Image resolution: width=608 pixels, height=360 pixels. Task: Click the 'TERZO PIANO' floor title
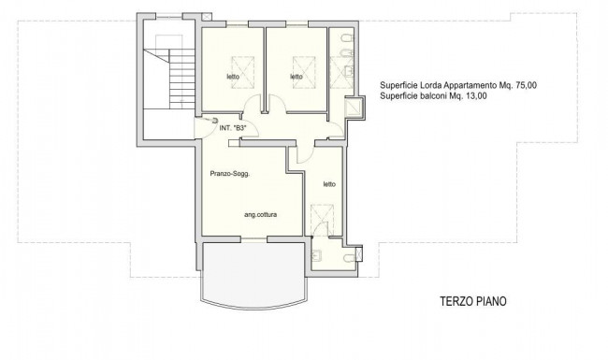pyautogui.click(x=473, y=301)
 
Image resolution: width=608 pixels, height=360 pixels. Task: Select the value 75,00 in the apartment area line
pyautogui.click(x=527, y=86)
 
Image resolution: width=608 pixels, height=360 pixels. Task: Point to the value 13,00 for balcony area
pyautogui.click(x=476, y=96)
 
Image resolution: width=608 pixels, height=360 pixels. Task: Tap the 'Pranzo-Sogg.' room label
pyautogui.click(x=229, y=174)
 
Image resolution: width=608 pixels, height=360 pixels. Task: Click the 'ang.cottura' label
pyautogui.click(x=261, y=215)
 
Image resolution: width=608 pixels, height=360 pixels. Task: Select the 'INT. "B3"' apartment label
pyautogui.click(x=233, y=128)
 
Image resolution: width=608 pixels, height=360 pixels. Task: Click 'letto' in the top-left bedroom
pyautogui.click(x=233, y=77)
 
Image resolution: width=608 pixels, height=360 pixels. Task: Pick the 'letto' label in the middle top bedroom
pyautogui.click(x=297, y=77)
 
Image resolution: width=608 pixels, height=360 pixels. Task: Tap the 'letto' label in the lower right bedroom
pyautogui.click(x=329, y=184)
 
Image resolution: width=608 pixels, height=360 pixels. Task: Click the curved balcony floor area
pyautogui.click(x=254, y=273)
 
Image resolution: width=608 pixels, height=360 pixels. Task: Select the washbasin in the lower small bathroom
pyautogui.click(x=316, y=255)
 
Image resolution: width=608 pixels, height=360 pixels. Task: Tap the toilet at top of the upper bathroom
pyautogui.click(x=347, y=38)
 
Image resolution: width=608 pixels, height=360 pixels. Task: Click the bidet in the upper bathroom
pyautogui.click(x=346, y=52)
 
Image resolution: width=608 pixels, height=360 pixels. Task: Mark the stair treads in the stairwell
pyautogui.click(x=181, y=79)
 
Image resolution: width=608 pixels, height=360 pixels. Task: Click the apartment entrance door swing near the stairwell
pyautogui.click(x=206, y=128)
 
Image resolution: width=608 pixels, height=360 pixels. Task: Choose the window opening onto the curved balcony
pyautogui.click(x=254, y=238)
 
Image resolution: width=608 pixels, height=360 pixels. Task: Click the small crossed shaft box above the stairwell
pyautogui.click(x=207, y=17)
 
